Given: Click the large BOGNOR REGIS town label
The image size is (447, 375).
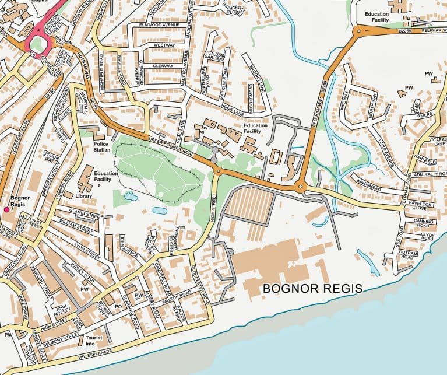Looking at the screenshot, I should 312,289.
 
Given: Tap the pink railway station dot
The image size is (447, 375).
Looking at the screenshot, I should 6,209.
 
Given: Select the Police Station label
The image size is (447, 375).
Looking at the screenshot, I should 97,146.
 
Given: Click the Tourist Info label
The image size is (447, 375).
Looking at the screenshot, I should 93,341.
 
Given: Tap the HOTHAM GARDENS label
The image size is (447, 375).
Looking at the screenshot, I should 214,54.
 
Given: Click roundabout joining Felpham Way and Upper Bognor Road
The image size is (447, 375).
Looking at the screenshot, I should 301,187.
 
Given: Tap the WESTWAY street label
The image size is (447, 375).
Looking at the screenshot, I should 164,45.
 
